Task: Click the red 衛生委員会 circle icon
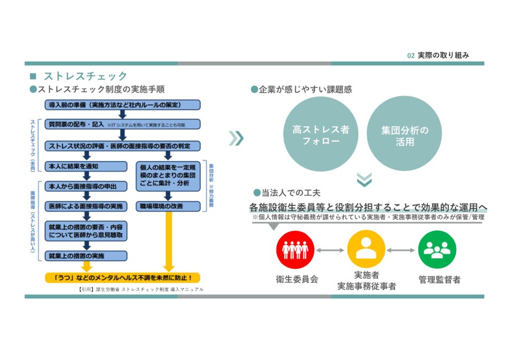click(x=295, y=250)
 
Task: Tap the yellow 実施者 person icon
click(x=366, y=250)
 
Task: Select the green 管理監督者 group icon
click(x=437, y=250)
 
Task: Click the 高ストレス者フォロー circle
click(x=321, y=135)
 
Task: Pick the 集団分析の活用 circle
click(x=404, y=135)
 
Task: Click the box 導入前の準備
click(x=122, y=105)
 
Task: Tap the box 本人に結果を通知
click(x=85, y=166)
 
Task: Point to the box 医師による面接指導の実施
click(x=85, y=206)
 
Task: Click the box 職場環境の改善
click(x=168, y=206)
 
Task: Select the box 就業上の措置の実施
click(x=85, y=256)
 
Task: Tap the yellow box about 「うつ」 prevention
click(x=122, y=277)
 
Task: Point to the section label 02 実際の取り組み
click(x=437, y=55)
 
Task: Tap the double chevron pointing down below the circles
click(x=364, y=180)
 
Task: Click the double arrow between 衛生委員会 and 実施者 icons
click(x=331, y=250)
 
